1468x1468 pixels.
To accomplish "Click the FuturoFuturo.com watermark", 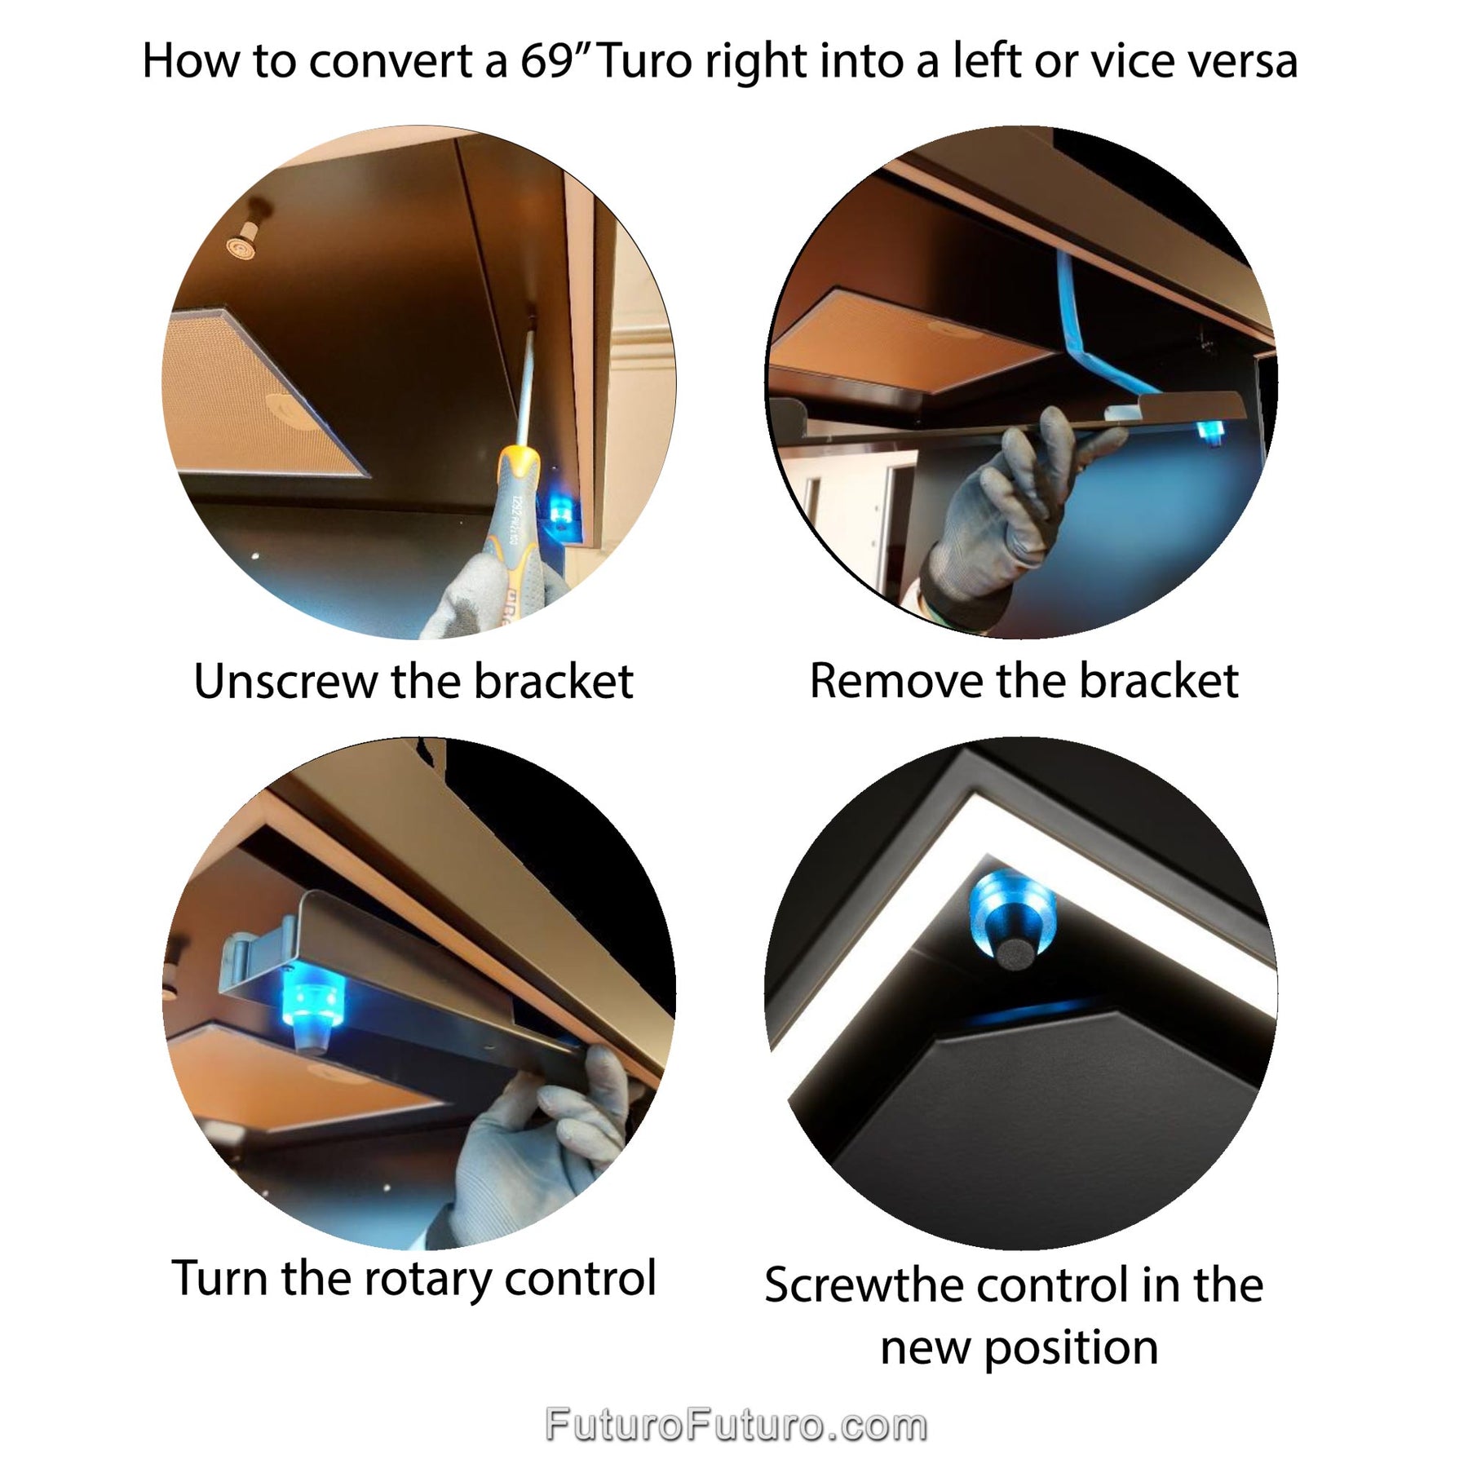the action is point(736,1425).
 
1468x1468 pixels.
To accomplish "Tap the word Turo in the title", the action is point(645,60).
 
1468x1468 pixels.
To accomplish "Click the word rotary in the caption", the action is point(427,1278).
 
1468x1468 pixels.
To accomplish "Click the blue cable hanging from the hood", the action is point(1097,334).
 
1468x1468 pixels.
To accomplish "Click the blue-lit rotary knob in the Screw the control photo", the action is point(1011,917).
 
